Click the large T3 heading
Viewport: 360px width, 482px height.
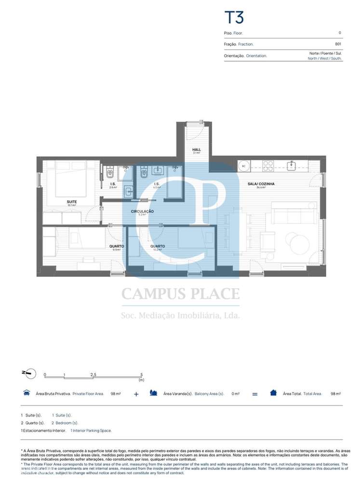[x=234, y=17]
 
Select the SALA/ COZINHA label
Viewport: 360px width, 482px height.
[x=261, y=184]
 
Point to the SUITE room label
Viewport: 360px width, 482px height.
[x=72, y=202]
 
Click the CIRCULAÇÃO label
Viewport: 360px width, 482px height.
[x=142, y=212]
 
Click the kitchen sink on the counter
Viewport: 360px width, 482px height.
[x=292, y=166]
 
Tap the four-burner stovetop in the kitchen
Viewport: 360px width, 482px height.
[x=268, y=166]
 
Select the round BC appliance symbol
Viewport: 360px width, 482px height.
[x=244, y=166]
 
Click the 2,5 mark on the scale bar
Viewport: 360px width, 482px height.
[x=93, y=374]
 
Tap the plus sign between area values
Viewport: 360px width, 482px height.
[x=136, y=394]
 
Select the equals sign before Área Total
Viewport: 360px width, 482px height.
[x=254, y=394]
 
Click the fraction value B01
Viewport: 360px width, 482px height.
[x=338, y=44]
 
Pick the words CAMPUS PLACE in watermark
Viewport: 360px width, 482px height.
[x=180, y=294]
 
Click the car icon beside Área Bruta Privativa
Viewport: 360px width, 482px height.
[x=26, y=393]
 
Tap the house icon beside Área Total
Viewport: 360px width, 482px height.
[x=273, y=393]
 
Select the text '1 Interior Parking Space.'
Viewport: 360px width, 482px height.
[x=91, y=430]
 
